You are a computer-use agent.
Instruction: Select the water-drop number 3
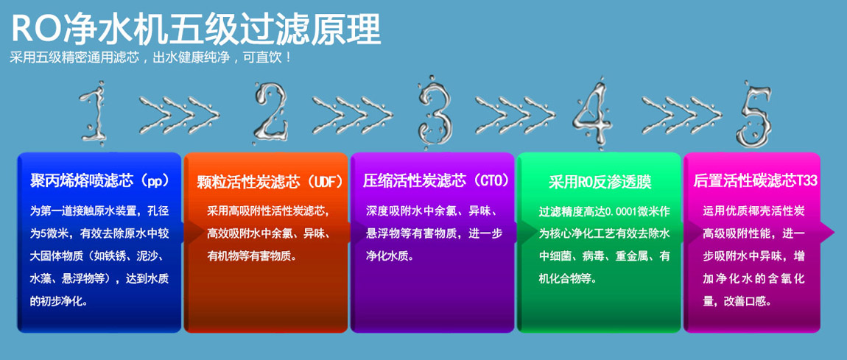pyautogui.click(x=435, y=112)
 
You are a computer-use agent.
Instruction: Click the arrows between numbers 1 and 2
pyautogui.click(x=179, y=115)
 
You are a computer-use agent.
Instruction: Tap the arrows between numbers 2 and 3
pyautogui.click(x=352, y=115)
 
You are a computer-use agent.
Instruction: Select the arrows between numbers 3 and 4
pyautogui.click(x=515, y=115)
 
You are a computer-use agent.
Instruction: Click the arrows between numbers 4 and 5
pyautogui.click(x=682, y=115)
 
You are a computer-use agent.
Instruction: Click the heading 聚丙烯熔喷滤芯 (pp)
pyautogui.click(x=100, y=180)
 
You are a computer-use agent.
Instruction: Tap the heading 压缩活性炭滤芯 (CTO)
pyautogui.click(x=436, y=181)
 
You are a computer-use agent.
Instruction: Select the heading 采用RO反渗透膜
pyautogui.click(x=600, y=182)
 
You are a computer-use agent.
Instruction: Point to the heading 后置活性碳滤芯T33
pyautogui.click(x=755, y=181)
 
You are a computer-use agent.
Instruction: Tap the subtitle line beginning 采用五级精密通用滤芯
pyautogui.click(x=151, y=57)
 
